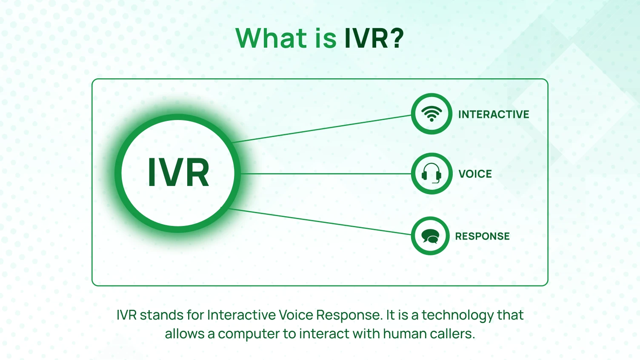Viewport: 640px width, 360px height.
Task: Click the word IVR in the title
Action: tap(366, 38)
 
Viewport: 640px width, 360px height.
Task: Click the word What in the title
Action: tap(271, 38)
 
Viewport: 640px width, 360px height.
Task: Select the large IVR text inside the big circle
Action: tap(178, 173)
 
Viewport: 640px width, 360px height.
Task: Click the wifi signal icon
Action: tap(431, 114)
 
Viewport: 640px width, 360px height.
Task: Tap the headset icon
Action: tap(431, 174)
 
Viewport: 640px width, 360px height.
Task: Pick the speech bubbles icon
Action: tap(430, 236)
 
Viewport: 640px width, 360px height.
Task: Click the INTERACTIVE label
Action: tap(494, 114)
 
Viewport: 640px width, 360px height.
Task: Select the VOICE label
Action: tap(475, 174)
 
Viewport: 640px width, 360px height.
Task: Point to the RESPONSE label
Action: tap(482, 237)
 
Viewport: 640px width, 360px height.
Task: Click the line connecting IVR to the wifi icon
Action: tap(323, 129)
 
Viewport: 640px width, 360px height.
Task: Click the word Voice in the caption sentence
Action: tap(296, 315)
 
